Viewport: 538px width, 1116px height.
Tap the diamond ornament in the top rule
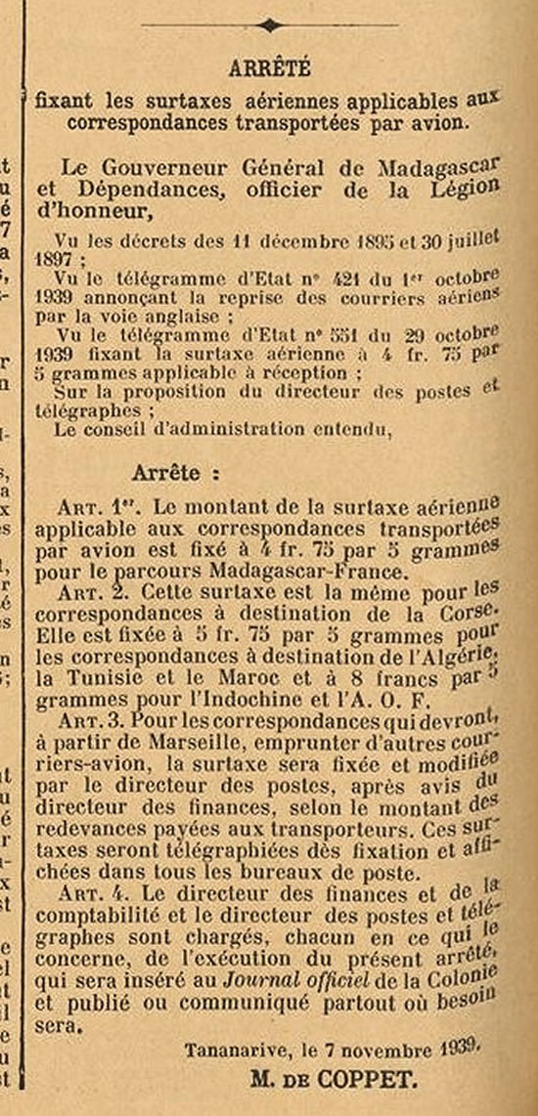[269, 26]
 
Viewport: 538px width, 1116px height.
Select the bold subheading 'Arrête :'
[172, 473]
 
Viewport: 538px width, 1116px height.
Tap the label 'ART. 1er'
[101, 509]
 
